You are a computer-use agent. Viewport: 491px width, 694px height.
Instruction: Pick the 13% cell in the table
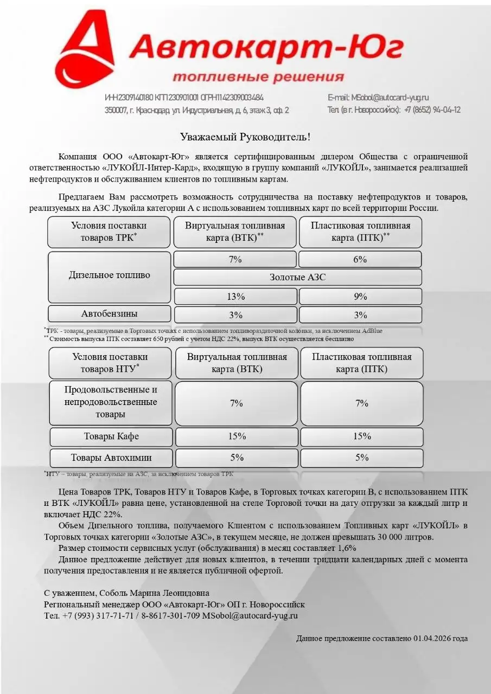[235, 297]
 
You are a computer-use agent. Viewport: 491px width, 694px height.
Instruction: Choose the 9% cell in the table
[360, 297]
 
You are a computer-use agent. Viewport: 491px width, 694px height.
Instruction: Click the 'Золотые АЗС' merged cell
[297, 277]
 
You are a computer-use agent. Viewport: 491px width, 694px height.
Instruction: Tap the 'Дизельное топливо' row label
[109, 275]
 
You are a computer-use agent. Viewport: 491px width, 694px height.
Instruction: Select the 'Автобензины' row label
[109, 313]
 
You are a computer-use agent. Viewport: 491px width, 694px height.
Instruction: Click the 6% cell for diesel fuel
[360, 259]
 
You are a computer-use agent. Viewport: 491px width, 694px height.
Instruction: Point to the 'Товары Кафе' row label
[111, 436]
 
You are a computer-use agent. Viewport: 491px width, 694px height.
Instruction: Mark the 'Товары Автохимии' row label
[111, 457]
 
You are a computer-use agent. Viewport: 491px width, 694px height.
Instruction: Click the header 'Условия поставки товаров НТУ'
[110, 363]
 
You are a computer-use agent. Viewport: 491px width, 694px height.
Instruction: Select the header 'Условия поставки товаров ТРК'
[109, 232]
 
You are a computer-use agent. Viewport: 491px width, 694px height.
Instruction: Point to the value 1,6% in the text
[346, 548]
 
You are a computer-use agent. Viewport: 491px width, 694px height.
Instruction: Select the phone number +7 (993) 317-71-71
[98, 615]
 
